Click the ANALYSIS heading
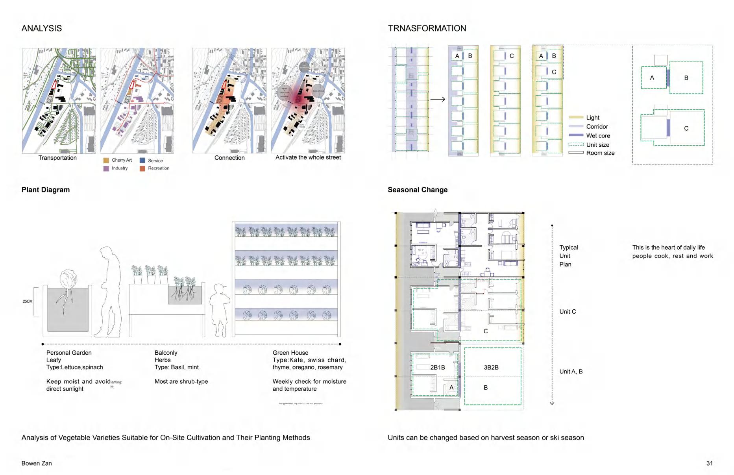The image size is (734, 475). coord(41,28)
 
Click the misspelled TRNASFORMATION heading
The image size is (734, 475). coord(427,28)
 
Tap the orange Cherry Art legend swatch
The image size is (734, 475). coord(106,161)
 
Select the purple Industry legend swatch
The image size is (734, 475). coord(106,168)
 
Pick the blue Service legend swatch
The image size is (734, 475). coord(142,161)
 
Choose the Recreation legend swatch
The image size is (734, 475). coord(142,168)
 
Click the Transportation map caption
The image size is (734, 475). coord(57,158)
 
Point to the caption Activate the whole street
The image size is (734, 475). coord(308,157)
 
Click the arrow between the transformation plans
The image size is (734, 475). coord(437,99)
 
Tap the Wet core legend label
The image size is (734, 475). coord(598,136)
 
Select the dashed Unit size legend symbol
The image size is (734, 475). coord(576,144)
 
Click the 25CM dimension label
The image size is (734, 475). coord(28,301)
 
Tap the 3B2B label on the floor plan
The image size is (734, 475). coord(491,368)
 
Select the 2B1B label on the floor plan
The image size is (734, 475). coord(437,368)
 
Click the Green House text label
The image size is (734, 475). coord(290,353)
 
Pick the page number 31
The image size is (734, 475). coord(709,463)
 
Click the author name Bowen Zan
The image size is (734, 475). coord(37,463)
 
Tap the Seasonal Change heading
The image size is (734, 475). coord(418,190)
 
